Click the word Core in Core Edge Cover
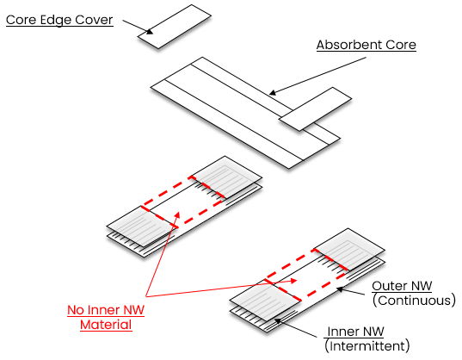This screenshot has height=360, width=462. (x=21, y=20)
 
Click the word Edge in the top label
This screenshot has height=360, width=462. (x=56, y=21)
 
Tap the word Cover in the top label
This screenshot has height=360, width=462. (x=94, y=20)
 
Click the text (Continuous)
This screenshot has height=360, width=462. (x=414, y=301)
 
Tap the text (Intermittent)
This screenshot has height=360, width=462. (x=367, y=346)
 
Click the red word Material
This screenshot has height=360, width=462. (x=106, y=325)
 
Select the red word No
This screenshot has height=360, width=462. (x=76, y=310)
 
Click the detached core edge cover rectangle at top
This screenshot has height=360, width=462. (x=175, y=27)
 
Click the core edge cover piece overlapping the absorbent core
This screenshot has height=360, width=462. (x=315, y=109)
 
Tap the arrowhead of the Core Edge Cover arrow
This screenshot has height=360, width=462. (x=150, y=31)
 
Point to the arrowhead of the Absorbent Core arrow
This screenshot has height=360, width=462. (x=273, y=93)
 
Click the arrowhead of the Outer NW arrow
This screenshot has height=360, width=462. (x=340, y=289)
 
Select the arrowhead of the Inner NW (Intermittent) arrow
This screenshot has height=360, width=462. (x=277, y=320)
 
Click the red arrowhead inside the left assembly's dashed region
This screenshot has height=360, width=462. (x=178, y=214)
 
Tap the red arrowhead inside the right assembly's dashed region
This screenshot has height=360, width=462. (x=293, y=281)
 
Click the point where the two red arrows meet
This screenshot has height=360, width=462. (x=145, y=296)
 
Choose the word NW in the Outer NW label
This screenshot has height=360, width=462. (x=422, y=286)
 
